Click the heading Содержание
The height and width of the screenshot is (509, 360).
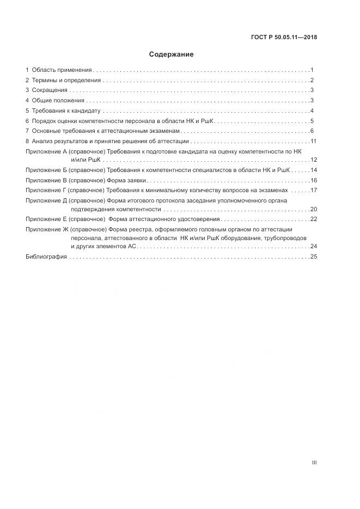click(171, 54)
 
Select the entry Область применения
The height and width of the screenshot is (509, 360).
click(62, 70)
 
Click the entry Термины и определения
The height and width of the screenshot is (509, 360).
click(66, 81)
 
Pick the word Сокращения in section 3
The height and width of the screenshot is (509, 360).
click(50, 90)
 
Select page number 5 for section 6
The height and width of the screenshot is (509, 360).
click(312, 121)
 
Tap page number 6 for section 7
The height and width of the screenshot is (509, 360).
click(312, 131)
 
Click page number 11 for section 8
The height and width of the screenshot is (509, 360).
click(313, 142)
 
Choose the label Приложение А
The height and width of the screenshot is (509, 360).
click(46, 151)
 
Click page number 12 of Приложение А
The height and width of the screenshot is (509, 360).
click(313, 160)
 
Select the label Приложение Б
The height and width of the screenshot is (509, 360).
click(46, 170)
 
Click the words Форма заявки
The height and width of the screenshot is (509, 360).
click(126, 180)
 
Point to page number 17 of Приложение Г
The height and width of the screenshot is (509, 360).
click(313, 191)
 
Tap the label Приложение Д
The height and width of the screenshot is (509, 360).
click(46, 200)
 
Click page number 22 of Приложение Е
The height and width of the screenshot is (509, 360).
click(313, 219)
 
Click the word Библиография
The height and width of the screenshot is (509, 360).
click(46, 256)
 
